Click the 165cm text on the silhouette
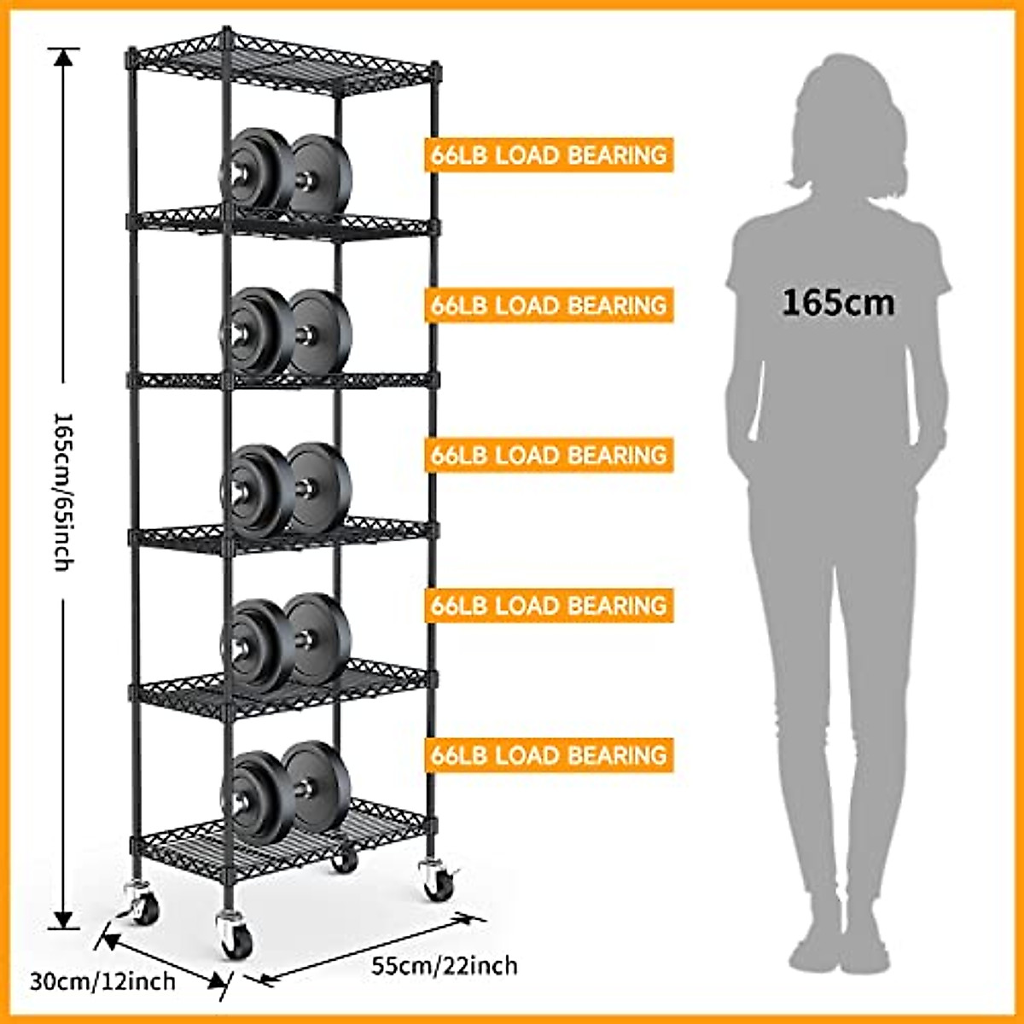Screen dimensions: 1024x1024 click(838, 302)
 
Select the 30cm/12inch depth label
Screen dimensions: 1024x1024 click(102, 980)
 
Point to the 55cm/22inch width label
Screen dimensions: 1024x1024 click(444, 966)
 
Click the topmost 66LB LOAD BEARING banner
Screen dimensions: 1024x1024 click(549, 155)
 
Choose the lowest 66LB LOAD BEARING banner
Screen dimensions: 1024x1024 click(549, 755)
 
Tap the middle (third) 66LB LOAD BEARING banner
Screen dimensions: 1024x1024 click(549, 455)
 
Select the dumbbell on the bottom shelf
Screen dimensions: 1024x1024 click(286, 790)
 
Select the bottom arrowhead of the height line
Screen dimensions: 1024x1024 click(63, 920)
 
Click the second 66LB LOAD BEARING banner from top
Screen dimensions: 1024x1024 click(549, 305)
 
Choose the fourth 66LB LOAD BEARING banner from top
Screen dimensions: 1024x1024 click(549, 605)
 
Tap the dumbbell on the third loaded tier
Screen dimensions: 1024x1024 click(286, 489)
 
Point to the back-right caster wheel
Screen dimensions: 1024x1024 click(345, 860)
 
